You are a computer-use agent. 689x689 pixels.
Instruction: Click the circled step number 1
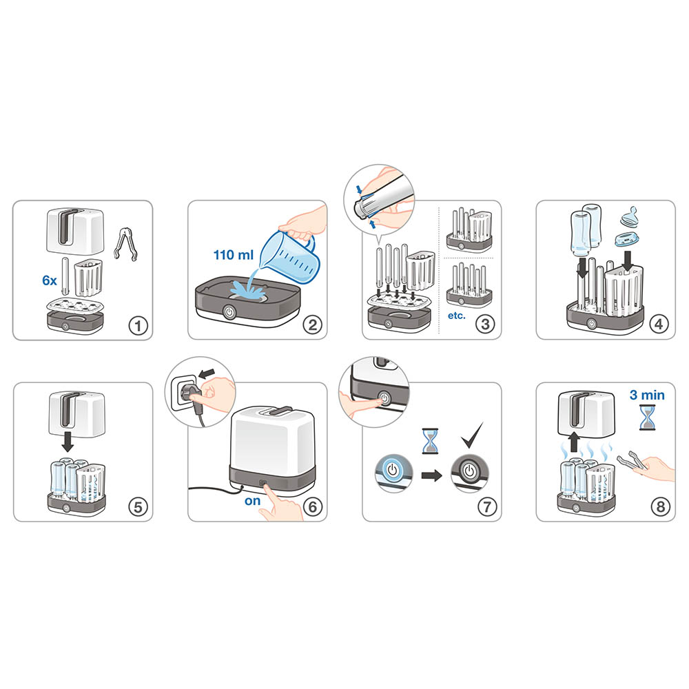[x=138, y=326]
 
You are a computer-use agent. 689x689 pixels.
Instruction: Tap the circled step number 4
[x=659, y=325]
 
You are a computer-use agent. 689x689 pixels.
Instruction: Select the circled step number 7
[x=487, y=506]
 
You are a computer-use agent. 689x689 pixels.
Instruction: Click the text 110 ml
[x=234, y=255]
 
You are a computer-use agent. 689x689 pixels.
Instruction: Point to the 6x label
[x=49, y=280]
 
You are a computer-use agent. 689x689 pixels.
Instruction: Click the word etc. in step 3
[x=457, y=316]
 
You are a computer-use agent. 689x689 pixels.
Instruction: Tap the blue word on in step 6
[x=253, y=501]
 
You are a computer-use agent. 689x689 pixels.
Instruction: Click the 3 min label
[x=647, y=395]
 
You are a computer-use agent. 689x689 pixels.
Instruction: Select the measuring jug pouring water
[x=290, y=256]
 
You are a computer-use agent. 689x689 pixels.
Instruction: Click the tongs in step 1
[x=125, y=243]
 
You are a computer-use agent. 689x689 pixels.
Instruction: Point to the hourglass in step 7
[x=430, y=441]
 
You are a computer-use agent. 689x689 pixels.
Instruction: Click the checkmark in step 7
[x=472, y=435]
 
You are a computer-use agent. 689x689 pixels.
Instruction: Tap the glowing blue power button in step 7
[x=393, y=471]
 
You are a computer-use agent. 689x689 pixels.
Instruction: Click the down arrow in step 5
[x=68, y=442]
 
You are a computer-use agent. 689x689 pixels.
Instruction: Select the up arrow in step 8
[x=573, y=442]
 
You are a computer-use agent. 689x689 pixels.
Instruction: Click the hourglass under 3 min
[x=647, y=418]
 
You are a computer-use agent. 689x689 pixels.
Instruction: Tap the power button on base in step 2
[x=229, y=312]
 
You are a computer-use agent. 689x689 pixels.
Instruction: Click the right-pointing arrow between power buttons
[x=431, y=475]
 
